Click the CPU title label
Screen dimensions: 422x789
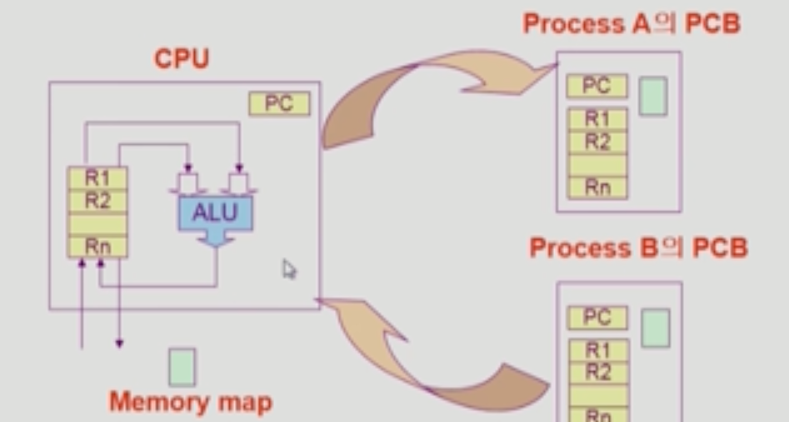pos(182,59)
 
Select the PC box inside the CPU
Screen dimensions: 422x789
pos(279,104)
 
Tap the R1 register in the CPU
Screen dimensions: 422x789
pos(97,177)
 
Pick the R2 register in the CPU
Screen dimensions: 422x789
pos(97,201)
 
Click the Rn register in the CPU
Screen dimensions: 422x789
pos(97,246)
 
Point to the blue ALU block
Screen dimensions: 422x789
pos(214,213)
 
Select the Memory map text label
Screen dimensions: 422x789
pos(190,403)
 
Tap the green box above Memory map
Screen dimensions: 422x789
pos(182,367)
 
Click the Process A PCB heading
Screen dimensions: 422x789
pos(631,23)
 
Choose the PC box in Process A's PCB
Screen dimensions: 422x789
pos(597,86)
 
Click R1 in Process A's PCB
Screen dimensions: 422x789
pos(597,119)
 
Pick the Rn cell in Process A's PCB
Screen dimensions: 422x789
pos(597,187)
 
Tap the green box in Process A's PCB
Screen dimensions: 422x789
pos(653,96)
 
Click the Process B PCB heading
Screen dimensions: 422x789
pos(638,247)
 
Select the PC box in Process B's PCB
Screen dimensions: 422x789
pos(597,317)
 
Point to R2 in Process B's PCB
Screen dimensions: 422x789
pos(597,372)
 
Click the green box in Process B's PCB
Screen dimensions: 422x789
pos(655,327)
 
